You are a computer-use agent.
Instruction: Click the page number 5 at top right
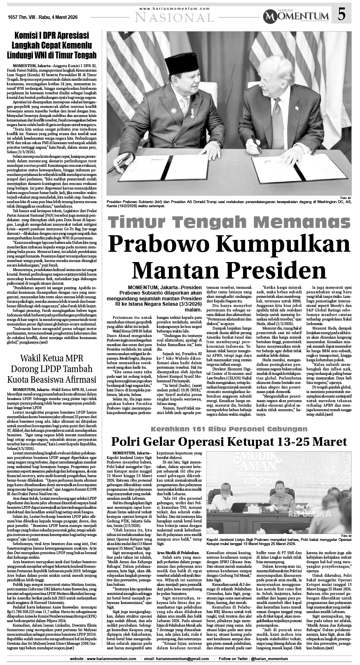pyautogui.click(x=341, y=16)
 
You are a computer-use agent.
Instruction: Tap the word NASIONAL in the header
pyautogui.click(x=175, y=17)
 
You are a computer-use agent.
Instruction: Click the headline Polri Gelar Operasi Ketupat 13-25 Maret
pyautogui.click(x=229, y=442)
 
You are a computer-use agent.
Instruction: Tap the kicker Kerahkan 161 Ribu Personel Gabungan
pyautogui.click(x=229, y=429)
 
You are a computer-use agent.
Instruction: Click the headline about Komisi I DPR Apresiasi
pyautogui.click(x=53, y=45)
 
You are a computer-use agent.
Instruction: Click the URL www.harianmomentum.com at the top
pyautogui.click(x=175, y=8)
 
